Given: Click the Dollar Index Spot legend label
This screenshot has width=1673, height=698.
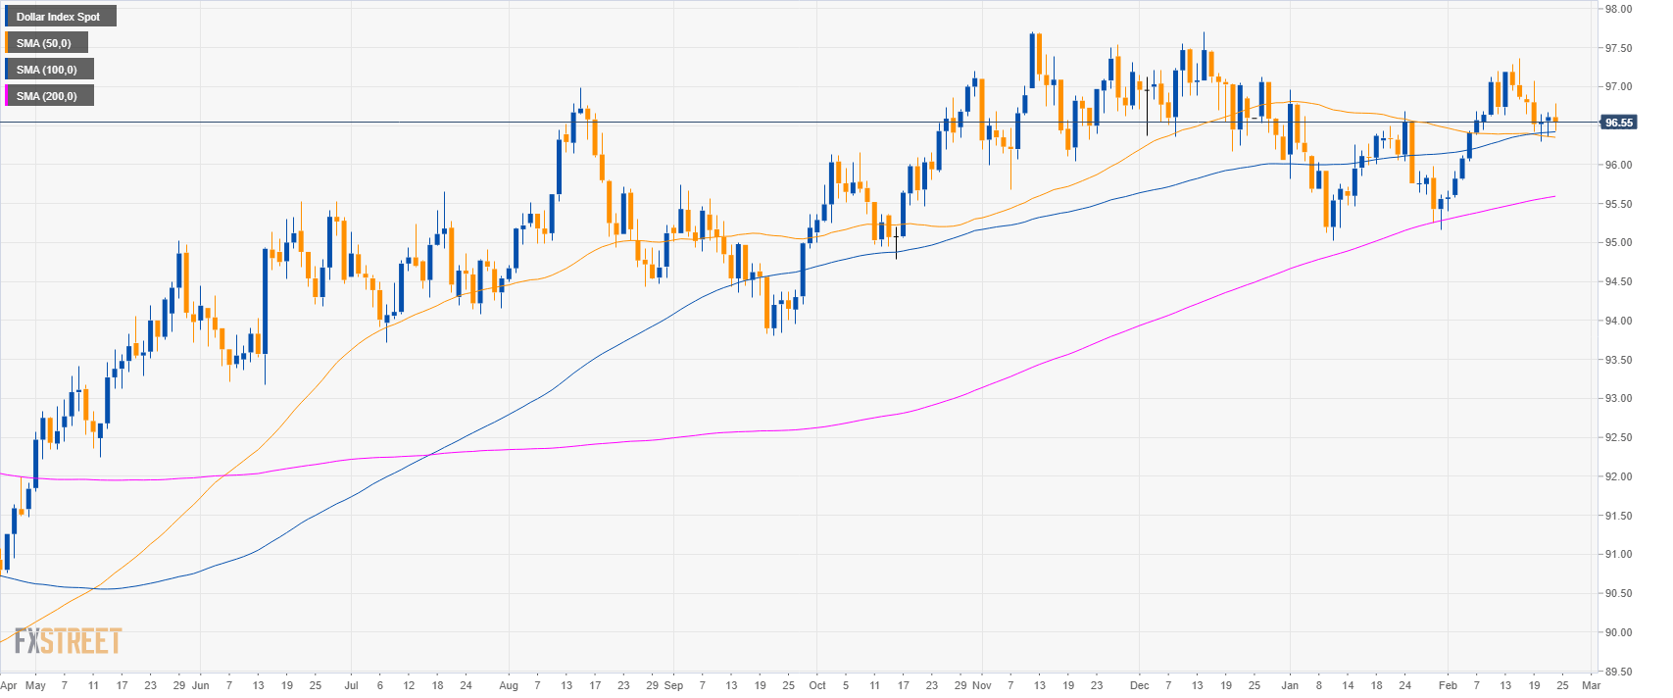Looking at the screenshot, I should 59,17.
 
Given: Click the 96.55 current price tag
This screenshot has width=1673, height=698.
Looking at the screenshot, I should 1617,123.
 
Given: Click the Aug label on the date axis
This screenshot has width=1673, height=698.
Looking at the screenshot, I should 508,685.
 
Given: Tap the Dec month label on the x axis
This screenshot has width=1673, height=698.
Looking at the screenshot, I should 1139,685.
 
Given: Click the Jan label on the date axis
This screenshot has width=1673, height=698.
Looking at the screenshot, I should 1290,685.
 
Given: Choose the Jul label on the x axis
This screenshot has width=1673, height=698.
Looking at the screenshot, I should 351,685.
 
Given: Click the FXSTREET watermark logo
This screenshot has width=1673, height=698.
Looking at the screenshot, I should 68,641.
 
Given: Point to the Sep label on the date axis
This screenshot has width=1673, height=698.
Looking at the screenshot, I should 673,685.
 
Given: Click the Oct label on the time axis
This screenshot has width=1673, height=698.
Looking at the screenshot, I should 817,685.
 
